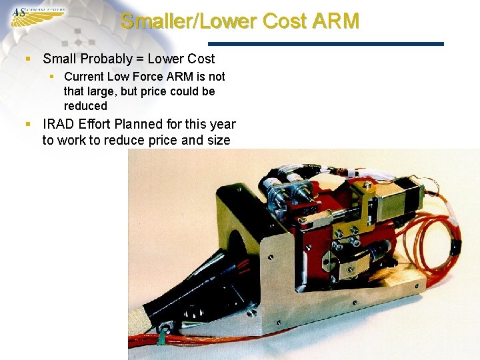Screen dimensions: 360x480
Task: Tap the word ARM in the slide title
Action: point(334,21)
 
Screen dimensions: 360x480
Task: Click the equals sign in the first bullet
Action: point(139,59)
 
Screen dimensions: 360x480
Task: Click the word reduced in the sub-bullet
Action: point(85,106)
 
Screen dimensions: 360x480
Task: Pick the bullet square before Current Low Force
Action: point(52,77)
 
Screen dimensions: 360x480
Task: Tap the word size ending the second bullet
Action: point(219,140)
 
